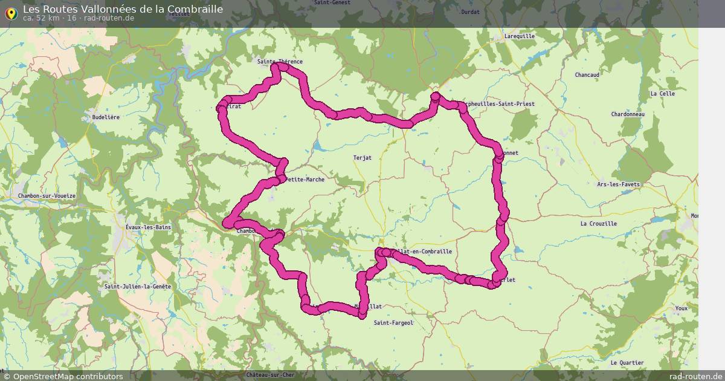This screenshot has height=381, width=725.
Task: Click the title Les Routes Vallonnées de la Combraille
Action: (x=123, y=9)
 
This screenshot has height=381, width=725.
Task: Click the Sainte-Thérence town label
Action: (x=280, y=62)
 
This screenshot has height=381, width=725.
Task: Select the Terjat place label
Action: (x=362, y=158)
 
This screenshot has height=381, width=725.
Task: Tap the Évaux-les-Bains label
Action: (x=148, y=227)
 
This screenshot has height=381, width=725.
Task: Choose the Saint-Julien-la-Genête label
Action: (x=138, y=286)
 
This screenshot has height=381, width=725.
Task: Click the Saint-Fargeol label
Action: (x=393, y=322)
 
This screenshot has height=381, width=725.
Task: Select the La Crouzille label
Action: (x=599, y=223)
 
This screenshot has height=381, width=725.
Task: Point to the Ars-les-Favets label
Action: (x=618, y=184)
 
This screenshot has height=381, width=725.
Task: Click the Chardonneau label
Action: (x=628, y=114)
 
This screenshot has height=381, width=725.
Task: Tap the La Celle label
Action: (x=663, y=94)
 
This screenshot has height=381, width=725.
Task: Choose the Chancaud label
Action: (x=587, y=75)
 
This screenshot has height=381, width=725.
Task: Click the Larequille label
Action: (x=520, y=36)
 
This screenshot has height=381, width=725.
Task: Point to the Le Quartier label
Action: (x=627, y=363)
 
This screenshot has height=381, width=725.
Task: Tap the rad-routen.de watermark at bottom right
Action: (x=696, y=376)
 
